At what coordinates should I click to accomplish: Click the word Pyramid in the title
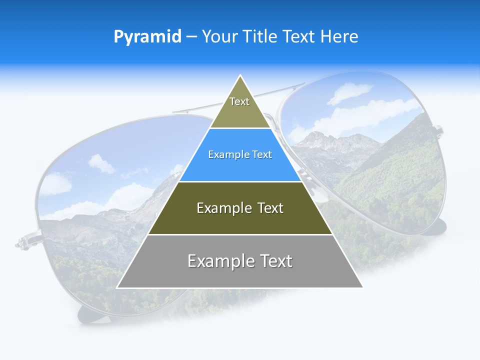(147, 37)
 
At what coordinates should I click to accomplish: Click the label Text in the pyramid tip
(239, 101)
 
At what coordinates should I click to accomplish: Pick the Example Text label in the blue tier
(240, 154)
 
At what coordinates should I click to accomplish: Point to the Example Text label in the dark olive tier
(240, 208)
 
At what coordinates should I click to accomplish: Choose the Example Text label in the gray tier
(240, 261)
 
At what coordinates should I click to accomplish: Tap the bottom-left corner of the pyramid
(117, 287)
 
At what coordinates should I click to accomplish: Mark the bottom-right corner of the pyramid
(362, 287)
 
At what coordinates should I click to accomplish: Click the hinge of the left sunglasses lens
(25, 242)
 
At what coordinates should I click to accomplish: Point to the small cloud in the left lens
(101, 163)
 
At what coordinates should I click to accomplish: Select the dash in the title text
(191, 37)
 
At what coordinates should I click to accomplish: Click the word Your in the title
(220, 37)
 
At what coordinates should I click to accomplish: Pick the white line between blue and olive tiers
(240, 181)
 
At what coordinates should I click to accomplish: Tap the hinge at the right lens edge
(438, 131)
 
